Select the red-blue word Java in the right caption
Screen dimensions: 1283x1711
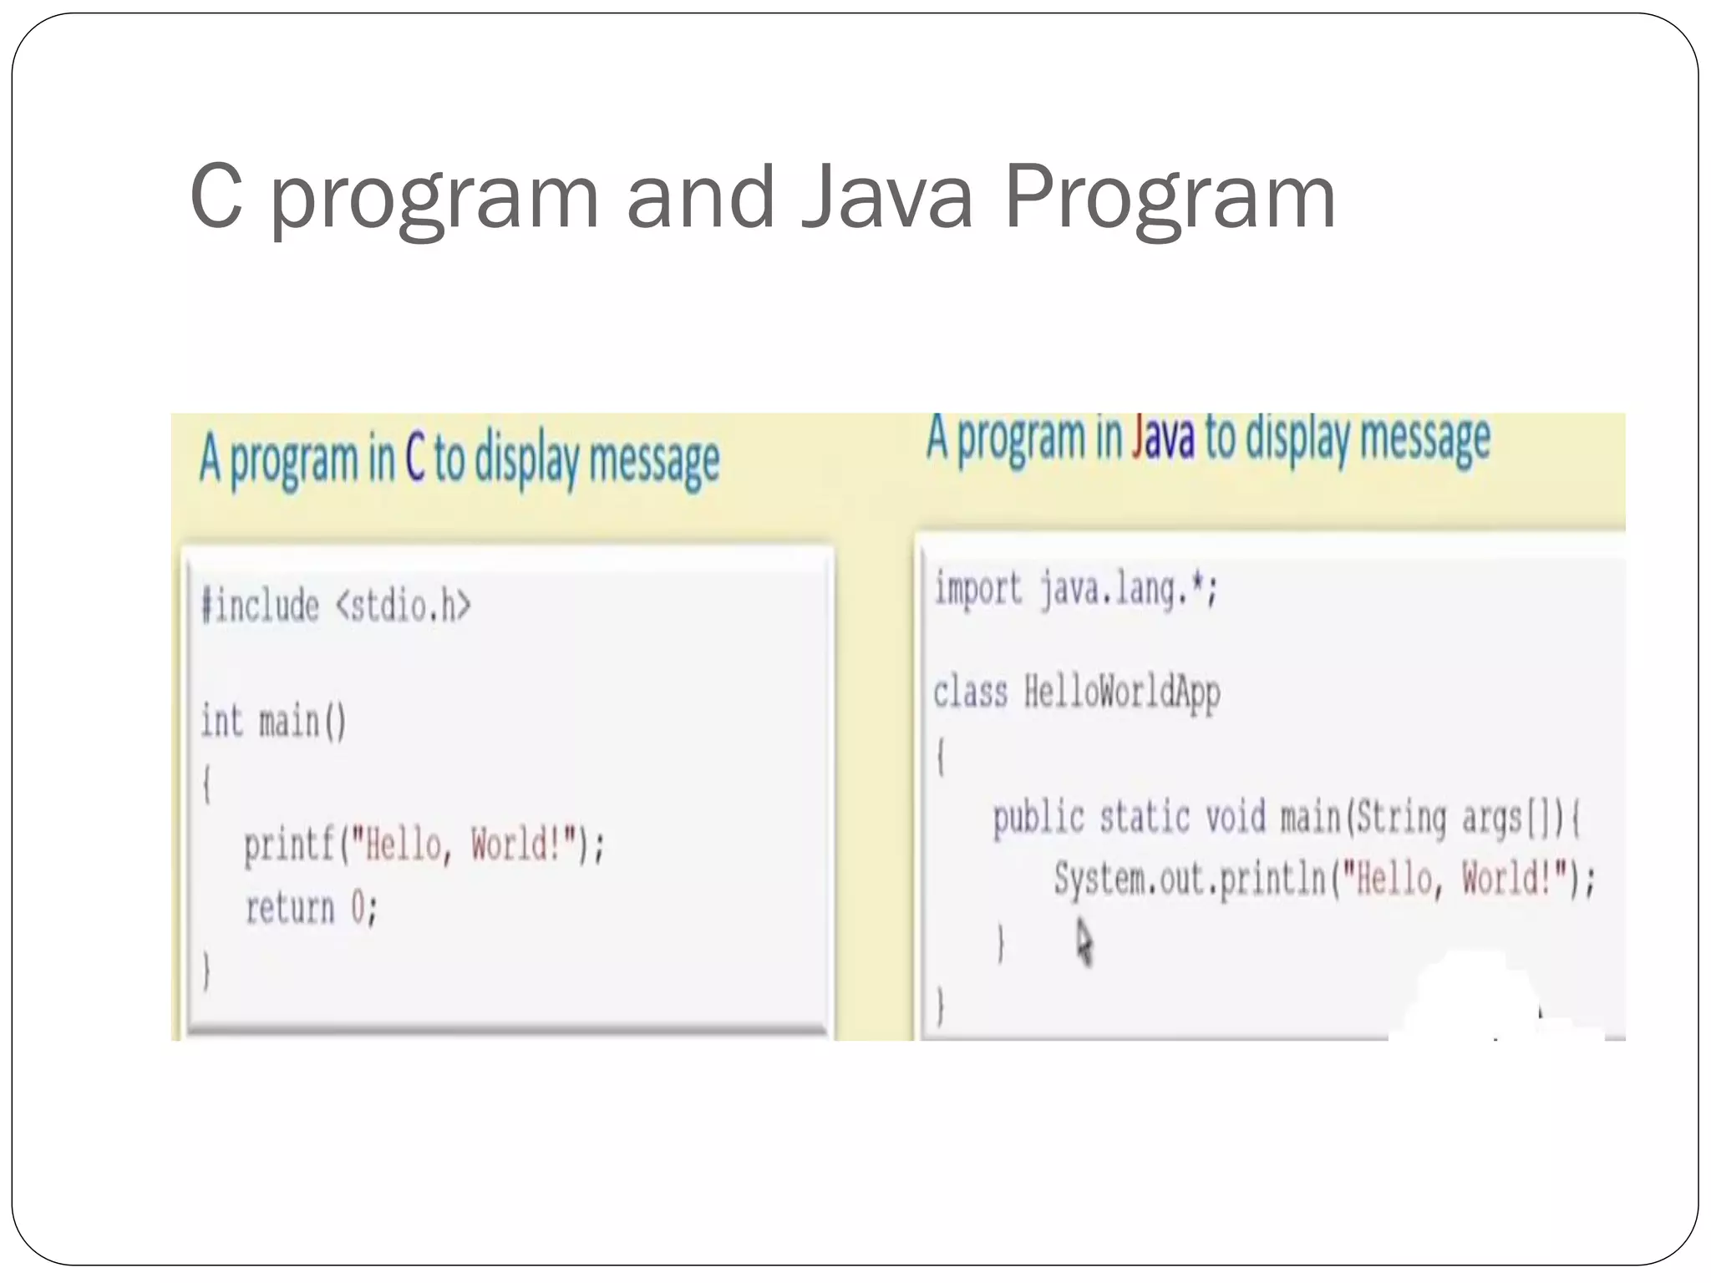(x=1162, y=438)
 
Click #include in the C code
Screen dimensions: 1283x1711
(x=260, y=606)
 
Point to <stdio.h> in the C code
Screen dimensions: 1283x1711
(x=403, y=606)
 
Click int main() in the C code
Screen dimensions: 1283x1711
(x=273, y=722)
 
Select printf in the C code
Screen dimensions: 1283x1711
(x=289, y=845)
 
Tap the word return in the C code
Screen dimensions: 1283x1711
(x=289, y=908)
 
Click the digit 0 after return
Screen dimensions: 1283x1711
(x=358, y=908)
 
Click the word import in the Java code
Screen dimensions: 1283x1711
(x=977, y=589)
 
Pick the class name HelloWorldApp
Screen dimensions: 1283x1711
(x=1122, y=693)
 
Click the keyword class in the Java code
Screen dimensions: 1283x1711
(x=970, y=692)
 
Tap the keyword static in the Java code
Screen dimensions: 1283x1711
(x=1144, y=817)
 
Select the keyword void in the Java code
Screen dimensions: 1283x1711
(x=1235, y=817)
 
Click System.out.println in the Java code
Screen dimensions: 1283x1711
(x=1189, y=880)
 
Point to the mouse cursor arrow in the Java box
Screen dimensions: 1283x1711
(x=1084, y=942)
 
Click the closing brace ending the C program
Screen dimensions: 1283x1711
(x=206, y=971)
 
